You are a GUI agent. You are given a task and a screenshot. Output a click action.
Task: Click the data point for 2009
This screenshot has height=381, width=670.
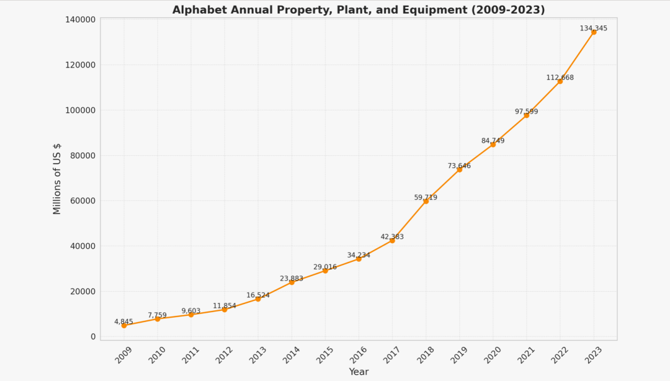124,325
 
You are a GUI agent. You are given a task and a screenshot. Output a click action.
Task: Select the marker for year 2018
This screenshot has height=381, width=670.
426,201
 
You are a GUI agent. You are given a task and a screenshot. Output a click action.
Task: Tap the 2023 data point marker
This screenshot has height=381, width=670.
594,32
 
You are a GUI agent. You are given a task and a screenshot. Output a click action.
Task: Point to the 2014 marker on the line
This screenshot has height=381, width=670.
292,282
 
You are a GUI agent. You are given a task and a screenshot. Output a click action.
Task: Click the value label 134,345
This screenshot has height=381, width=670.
593,29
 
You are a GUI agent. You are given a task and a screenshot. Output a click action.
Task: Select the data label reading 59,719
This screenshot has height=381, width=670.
426,197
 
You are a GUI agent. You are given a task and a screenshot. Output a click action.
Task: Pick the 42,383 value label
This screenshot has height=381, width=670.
392,236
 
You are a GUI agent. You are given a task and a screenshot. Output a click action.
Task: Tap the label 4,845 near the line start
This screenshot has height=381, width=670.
123,321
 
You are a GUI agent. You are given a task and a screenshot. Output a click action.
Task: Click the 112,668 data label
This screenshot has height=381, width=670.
560,78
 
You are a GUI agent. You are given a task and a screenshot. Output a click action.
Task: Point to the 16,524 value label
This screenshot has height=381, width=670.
258,295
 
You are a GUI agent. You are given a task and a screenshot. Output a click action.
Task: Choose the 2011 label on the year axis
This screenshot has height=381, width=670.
192,355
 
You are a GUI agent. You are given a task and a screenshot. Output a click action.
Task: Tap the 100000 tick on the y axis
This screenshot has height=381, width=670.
80,110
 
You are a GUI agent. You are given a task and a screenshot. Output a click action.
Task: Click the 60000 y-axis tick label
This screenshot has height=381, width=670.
83,201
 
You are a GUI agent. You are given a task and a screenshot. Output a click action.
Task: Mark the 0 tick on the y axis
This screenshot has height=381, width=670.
93,337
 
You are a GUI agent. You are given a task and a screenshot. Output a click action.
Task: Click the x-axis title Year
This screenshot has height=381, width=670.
359,372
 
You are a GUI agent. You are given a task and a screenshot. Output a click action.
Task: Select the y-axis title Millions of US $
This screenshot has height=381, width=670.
57,179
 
